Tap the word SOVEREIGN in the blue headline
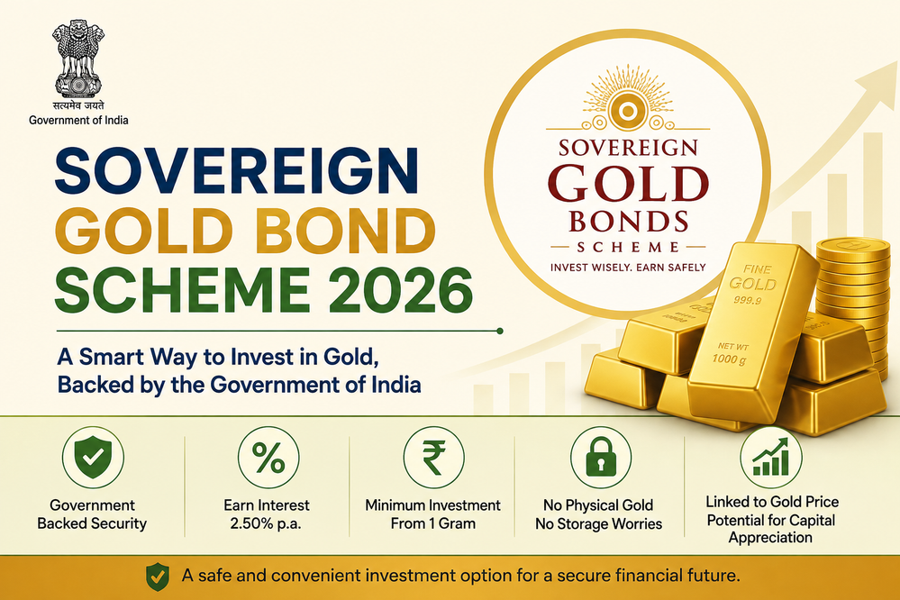[236, 170]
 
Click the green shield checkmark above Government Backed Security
[93, 458]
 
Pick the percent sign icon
[268, 458]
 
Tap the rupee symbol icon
[434, 458]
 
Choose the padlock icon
[601, 458]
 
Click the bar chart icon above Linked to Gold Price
[771, 458]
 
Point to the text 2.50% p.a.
[266, 523]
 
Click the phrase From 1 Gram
[433, 523]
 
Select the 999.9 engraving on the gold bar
[747, 300]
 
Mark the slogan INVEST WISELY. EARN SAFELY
[628, 267]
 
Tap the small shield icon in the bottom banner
[158, 577]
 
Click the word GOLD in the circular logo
[629, 185]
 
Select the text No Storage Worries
[599, 523]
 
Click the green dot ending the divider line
[499, 331]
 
